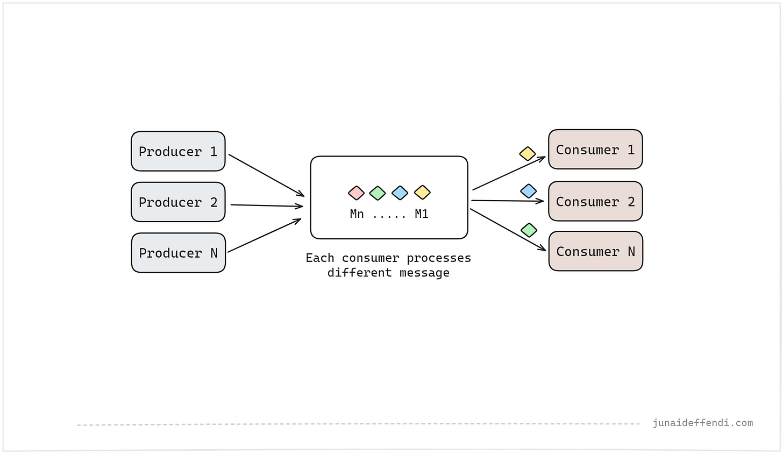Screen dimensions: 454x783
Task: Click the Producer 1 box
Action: [178, 151]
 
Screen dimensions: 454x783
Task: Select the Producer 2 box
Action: [178, 202]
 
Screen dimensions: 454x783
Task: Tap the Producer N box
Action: [178, 253]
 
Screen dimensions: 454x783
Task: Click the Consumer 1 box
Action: [595, 149]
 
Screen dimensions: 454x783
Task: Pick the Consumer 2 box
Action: [595, 201]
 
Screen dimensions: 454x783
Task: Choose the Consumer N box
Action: [595, 251]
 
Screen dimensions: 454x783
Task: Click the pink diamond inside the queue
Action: [356, 193]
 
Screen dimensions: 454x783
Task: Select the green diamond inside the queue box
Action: [378, 193]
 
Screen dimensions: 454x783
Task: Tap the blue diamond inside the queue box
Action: [400, 193]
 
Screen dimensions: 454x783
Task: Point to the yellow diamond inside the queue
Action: [422, 192]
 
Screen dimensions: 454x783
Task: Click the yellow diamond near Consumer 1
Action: [528, 154]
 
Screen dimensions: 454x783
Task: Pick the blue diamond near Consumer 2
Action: [529, 191]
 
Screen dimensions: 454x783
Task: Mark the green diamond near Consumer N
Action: [529, 230]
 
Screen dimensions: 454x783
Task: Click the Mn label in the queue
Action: [357, 214]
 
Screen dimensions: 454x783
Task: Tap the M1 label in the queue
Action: [422, 214]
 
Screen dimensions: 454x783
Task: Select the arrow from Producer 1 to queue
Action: [266, 175]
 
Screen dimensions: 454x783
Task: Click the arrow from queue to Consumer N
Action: [508, 230]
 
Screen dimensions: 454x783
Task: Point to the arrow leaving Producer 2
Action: [266, 205]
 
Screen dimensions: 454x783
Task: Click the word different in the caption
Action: [359, 273]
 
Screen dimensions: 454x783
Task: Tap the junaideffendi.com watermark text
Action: [702, 423]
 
